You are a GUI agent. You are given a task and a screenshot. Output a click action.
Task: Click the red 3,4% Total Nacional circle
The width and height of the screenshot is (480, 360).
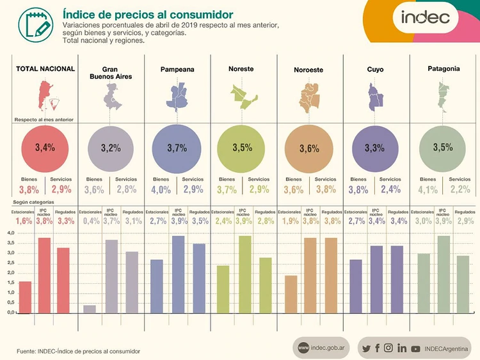(45, 148)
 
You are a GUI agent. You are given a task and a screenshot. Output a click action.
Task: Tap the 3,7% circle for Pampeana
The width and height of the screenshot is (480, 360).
(177, 148)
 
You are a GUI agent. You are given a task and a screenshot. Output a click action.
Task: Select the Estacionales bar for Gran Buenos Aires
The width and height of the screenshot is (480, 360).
(90, 309)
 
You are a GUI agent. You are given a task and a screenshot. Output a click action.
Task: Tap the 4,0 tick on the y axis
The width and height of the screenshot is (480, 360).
(10, 233)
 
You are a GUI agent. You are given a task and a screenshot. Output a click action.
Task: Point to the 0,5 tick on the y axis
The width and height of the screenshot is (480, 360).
(10, 302)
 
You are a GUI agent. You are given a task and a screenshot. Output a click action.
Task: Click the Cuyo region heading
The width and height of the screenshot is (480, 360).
(375, 68)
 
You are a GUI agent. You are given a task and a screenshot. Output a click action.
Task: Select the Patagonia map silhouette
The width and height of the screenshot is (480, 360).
(441, 94)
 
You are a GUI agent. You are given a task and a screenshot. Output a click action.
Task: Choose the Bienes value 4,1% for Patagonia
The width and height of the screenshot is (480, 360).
(427, 190)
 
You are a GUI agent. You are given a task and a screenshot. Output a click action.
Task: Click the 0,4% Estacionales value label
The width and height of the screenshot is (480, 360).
(91, 221)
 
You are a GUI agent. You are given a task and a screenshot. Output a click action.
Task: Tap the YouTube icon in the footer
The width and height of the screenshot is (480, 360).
(416, 348)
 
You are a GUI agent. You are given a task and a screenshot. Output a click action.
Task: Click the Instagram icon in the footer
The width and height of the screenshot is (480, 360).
(389, 348)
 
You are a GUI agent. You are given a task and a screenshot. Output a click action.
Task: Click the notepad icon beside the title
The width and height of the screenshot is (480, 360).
(32, 24)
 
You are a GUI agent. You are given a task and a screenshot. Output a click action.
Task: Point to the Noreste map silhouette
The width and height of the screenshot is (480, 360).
(243, 96)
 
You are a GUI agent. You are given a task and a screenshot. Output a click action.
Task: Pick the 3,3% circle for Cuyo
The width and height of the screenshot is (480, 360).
(374, 148)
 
